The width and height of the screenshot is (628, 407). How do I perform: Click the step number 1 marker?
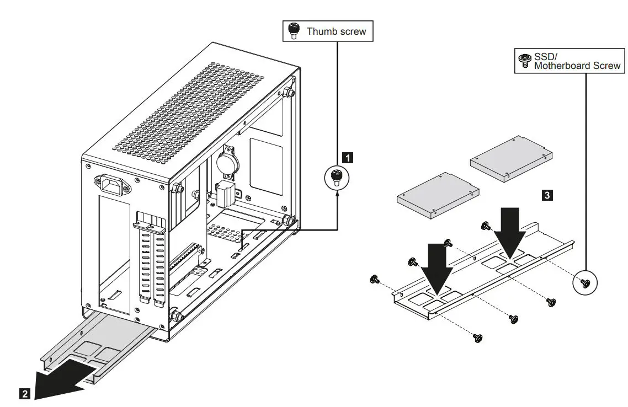tap(347, 157)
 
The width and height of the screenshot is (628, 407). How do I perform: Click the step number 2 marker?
tap(24, 394)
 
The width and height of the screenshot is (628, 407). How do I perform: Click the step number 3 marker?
tap(546, 195)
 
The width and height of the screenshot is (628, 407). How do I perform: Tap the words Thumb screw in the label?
tap(336, 31)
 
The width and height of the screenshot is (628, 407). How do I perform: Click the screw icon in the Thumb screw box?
tap(294, 31)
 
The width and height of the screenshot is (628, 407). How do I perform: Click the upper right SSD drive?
tap(510, 158)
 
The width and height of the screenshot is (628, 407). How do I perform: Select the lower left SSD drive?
tap(438, 194)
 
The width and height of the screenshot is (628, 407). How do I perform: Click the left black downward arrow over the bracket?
tap(437, 268)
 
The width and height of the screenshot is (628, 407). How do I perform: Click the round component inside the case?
tap(226, 163)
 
